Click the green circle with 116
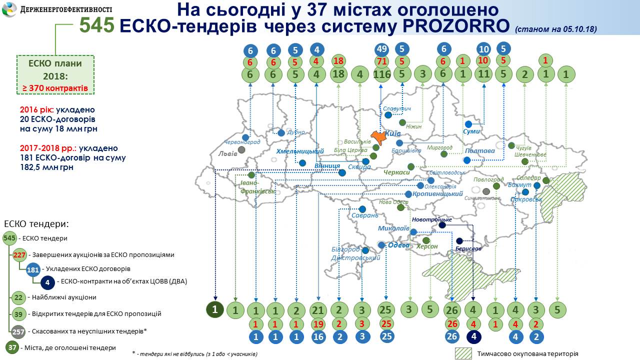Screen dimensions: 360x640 pyautogui.click(x=382, y=75)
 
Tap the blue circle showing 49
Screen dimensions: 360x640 pyautogui.click(x=382, y=49)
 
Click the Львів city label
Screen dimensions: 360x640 pyautogui.click(x=228, y=154)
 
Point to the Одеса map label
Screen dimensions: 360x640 pyautogui.click(x=398, y=245)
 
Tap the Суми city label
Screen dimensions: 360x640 pyautogui.click(x=471, y=131)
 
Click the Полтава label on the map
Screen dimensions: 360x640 pyautogui.click(x=479, y=150)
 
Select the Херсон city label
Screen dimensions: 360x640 pyautogui.click(x=427, y=246)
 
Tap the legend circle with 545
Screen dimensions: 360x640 pyautogui.click(x=9, y=238)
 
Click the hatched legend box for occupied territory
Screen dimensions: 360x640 pyautogui.click(x=463, y=353)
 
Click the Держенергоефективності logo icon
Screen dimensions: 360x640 pyautogui.click(x=9, y=9)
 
